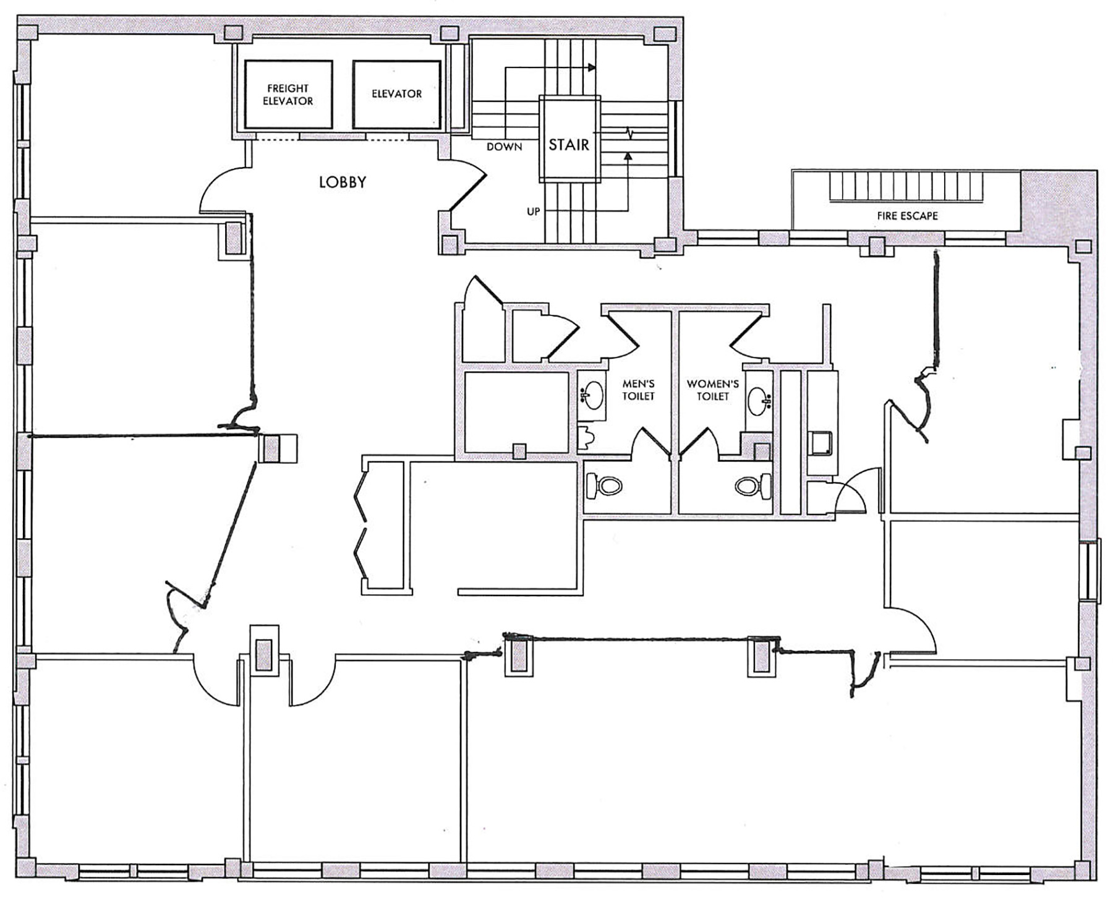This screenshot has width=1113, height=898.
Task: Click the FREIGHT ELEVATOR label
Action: (288, 95)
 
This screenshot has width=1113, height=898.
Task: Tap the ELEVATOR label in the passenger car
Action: (396, 94)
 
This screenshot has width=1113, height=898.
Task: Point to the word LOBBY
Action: (343, 182)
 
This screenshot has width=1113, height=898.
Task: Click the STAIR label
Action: (569, 145)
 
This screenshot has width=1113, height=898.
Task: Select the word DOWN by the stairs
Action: (505, 147)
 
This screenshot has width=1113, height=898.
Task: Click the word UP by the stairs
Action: (534, 212)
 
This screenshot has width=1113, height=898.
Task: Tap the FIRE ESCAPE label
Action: (907, 216)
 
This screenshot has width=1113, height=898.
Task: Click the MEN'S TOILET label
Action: (638, 390)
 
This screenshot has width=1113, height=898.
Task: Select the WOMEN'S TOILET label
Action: (713, 390)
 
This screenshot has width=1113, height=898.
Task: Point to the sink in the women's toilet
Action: (758, 400)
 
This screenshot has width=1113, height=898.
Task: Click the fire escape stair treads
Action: (906, 187)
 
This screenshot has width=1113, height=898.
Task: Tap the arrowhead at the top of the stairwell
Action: (592, 67)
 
